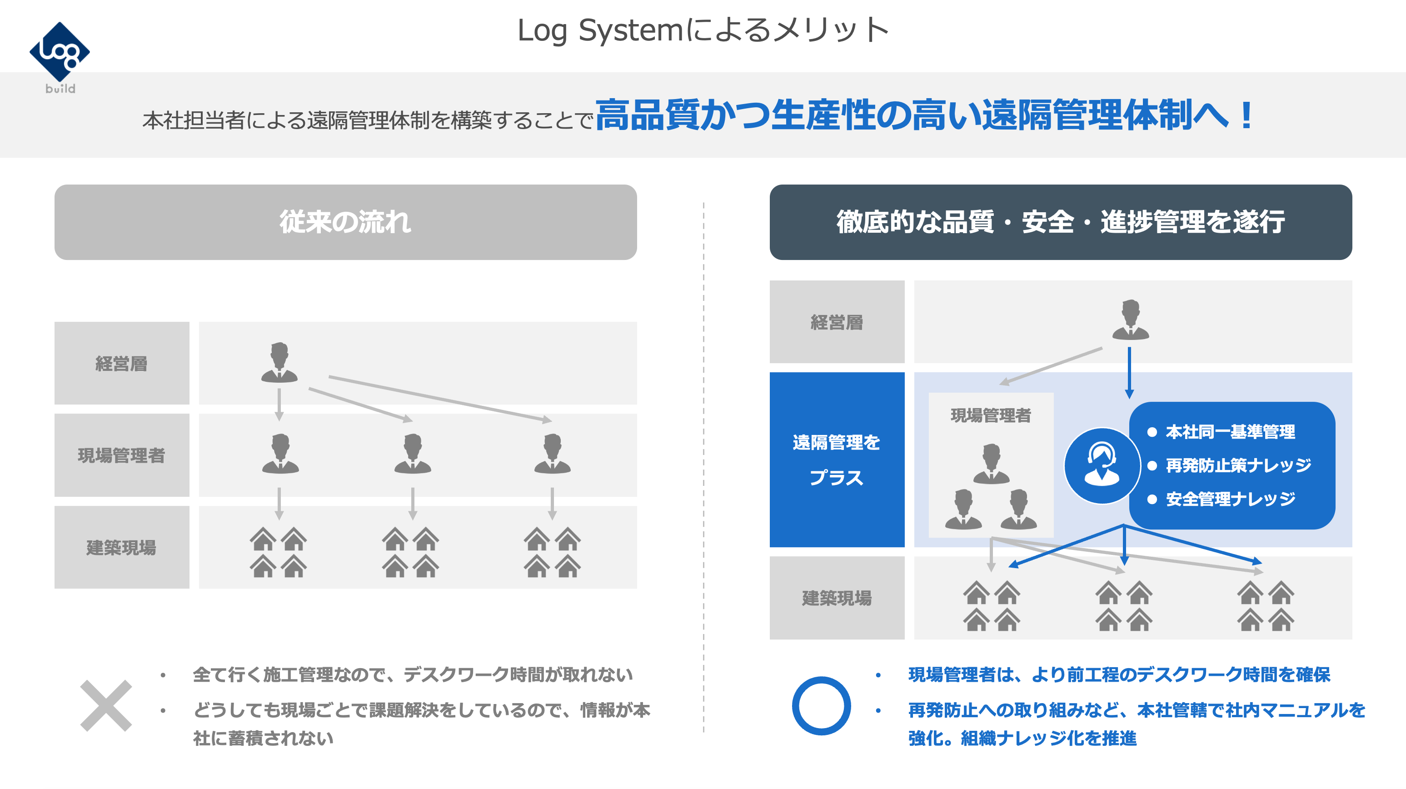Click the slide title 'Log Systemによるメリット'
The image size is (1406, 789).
click(x=703, y=30)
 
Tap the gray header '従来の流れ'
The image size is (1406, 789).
click(x=345, y=222)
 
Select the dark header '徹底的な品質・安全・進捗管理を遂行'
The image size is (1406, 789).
click(x=1060, y=222)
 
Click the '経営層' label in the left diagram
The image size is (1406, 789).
click(x=122, y=364)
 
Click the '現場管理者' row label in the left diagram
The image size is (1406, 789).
click(x=122, y=455)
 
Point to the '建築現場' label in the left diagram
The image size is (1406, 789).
click(x=122, y=547)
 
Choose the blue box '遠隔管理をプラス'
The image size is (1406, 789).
click(x=837, y=460)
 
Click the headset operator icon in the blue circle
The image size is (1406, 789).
click(x=1102, y=466)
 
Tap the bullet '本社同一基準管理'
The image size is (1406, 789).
click(x=1230, y=432)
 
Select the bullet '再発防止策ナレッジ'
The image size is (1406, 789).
click(x=1238, y=465)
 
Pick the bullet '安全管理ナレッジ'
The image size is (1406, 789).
click(x=1230, y=499)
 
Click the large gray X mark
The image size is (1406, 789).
click(x=106, y=705)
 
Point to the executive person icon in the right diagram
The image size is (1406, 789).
click(x=1130, y=320)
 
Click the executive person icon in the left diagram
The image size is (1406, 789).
click(x=279, y=363)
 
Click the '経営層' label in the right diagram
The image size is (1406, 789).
click(x=837, y=322)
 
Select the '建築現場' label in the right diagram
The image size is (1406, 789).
click(x=837, y=598)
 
